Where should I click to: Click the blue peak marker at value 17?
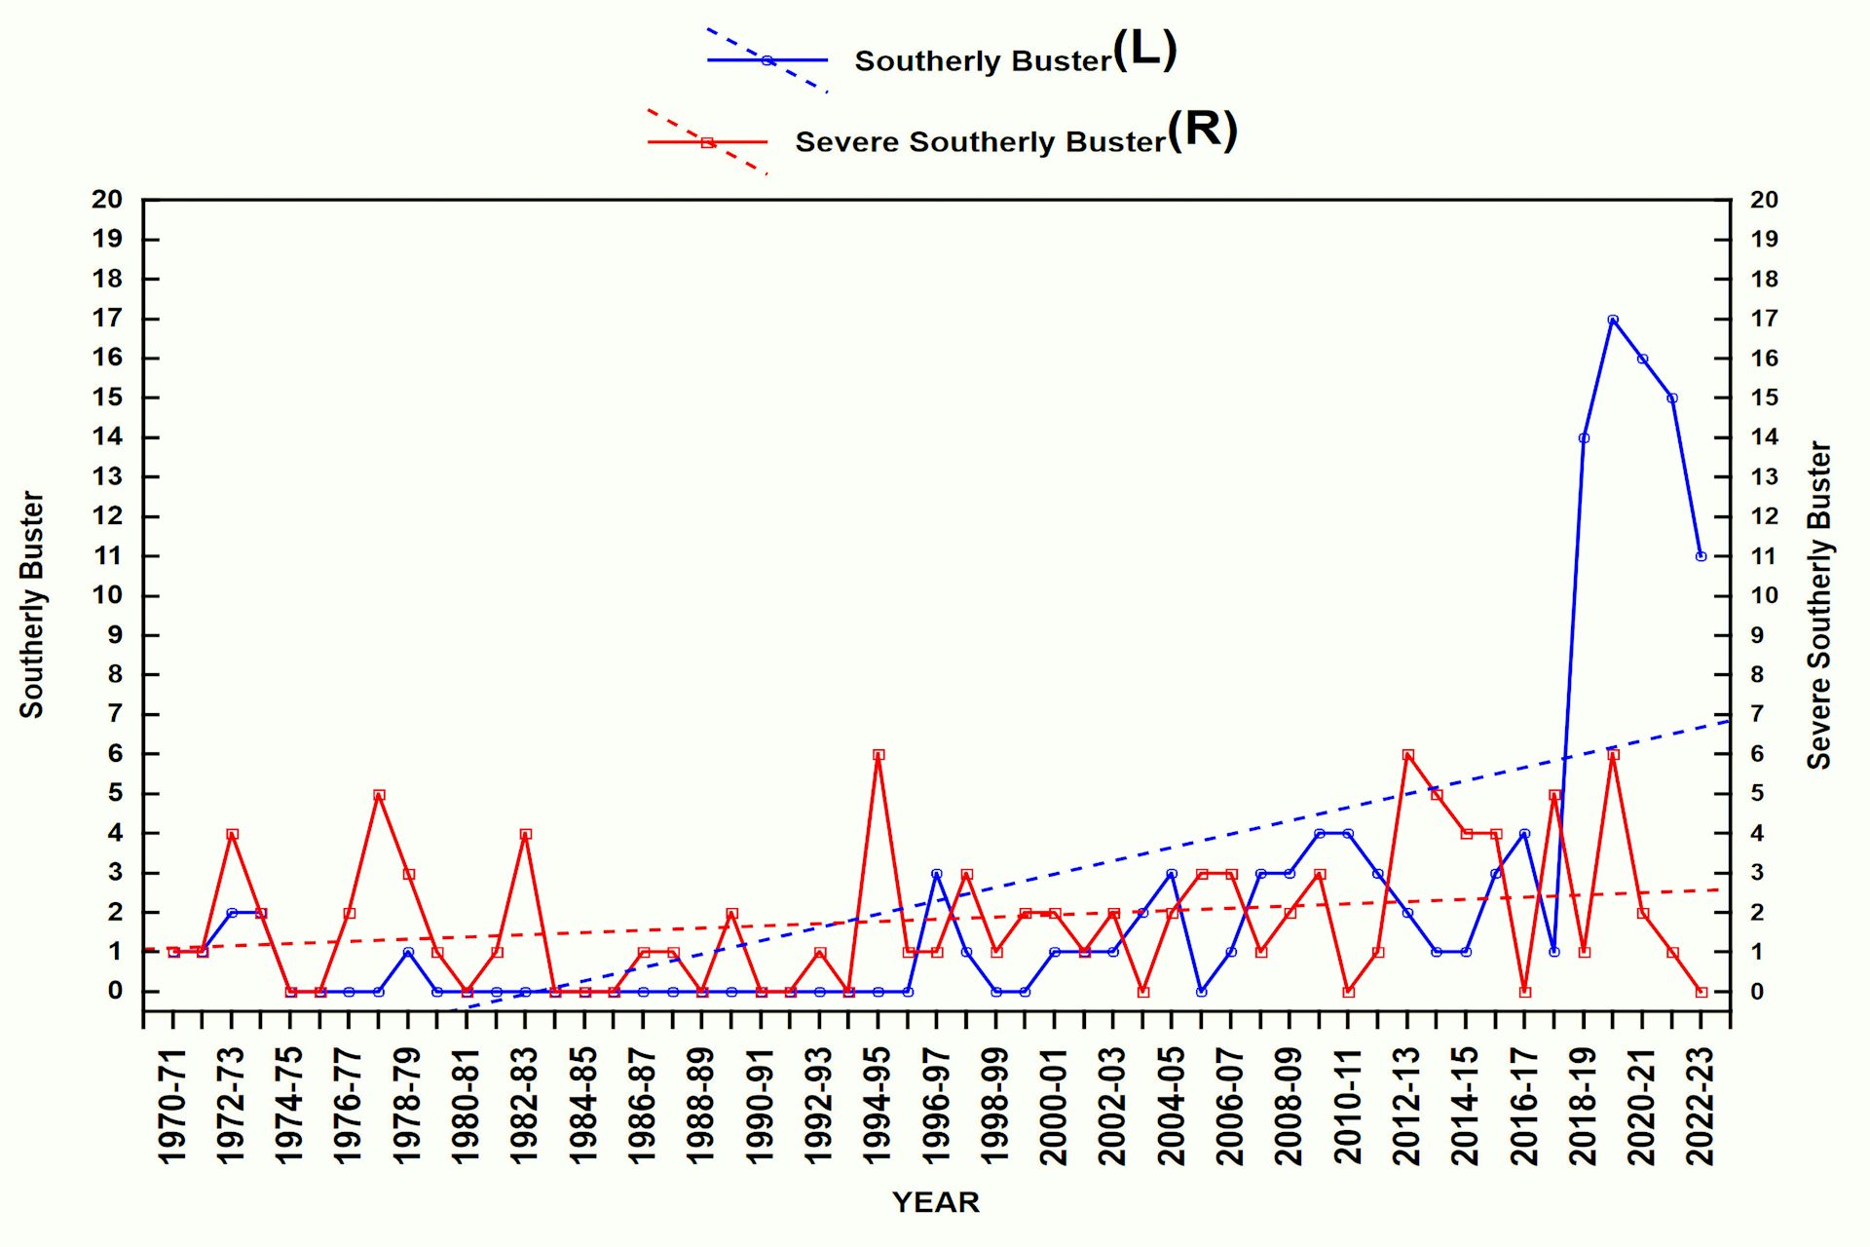pyautogui.click(x=1613, y=320)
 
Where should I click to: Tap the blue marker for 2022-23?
pyautogui.click(x=1701, y=556)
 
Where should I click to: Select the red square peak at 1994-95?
pyautogui.click(x=879, y=755)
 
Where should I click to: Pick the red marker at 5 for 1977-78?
pyautogui.click(x=379, y=795)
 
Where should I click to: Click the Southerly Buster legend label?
pyautogui.click(x=983, y=61)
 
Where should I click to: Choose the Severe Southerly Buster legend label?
pyautogui.click(x=980, y=142)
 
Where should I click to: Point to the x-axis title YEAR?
pyautogui.click(x=935, y=1202)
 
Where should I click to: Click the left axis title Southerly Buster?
pyautogui.click(x=32, y=605)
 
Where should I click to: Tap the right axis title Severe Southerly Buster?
pyautogui.click(x=1818, y=605)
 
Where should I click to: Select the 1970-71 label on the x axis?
pyautogui.click(x=172, y=1106)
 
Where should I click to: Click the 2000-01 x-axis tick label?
pyautogui.click(x=1055, y=1106)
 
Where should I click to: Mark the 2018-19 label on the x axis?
pyautogui.click(x=1584, y=1106)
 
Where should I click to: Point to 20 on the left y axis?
pyautogui.click(x=107, y=200)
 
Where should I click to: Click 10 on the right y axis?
pyautogui.click(x=1764, y=595)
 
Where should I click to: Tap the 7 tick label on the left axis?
pyautogui.click(x=115, y=714)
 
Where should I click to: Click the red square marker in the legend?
pyautogui.click(x=707, y=142)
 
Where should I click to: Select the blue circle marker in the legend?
pyautogui.click(x=767, y=60)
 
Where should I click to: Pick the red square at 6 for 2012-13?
pyautogui.click(x=1407, y=755)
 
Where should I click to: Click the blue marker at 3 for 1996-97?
pyautogui.click(x=937, y=874)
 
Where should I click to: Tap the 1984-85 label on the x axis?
pyautogui.click(x=584, y=1106)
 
